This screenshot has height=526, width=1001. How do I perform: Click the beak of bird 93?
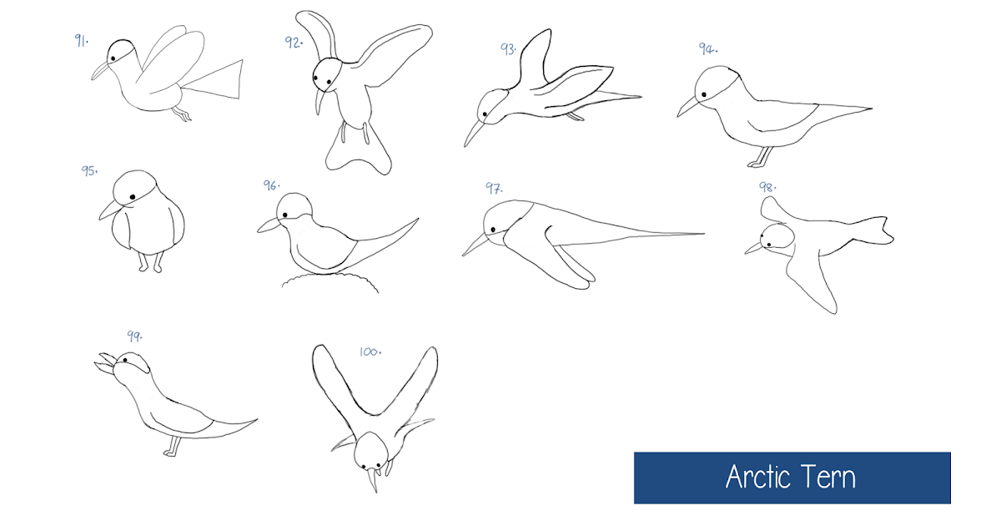click(x=472, y=132)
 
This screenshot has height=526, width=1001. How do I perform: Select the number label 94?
click(x=707, y=48)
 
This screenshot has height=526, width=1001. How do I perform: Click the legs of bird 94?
click(x=761, y=157)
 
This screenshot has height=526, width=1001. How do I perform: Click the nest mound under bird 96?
click(x=330, y=282)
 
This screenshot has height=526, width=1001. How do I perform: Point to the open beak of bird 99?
click(x=104, y=362)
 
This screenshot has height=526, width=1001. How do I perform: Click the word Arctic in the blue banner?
click(x=759, y=478)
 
